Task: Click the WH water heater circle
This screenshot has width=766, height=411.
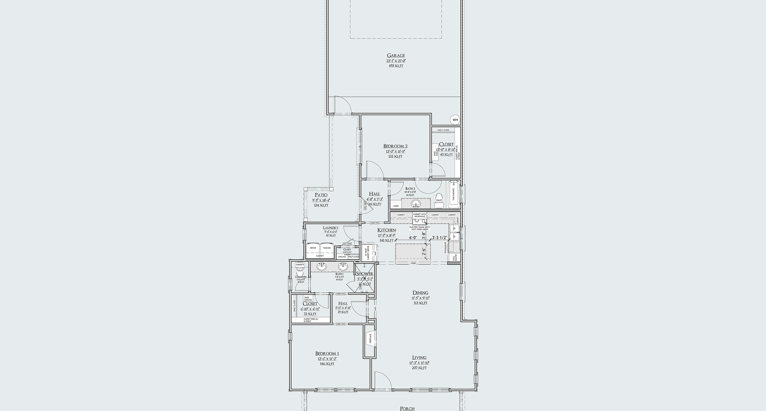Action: pyautogui.click(x=455, y=120)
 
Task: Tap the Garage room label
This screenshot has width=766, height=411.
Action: pyautogui.click(x=396, y=56)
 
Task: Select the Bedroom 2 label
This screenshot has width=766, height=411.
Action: pyautogui.click(x=395, y=146)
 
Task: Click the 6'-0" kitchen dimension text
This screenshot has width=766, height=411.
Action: pyautogui.click(x=413, y=238)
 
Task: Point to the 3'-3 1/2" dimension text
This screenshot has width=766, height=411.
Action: pyautogui.click(x=440, y=238)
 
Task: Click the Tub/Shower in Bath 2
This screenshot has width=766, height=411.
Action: pyautogui.click(x=453, y=194)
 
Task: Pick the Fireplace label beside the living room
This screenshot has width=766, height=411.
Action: pyautogui.click(x=370, y=339)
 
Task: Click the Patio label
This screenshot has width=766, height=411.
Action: pyautogui.click(x=321, y=195)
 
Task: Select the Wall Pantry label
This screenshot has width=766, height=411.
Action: pyautogui.click(x=454, y=257)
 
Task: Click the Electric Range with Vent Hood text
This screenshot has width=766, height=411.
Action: pyautogui.click(x=419, y=228)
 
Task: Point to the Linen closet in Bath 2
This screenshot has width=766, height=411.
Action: pyautogui.click(x=396, y=206)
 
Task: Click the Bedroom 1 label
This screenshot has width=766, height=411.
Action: pyautogui.click(x=327, y=353)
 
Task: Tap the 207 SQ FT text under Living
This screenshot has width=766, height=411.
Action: pyautogui.click(x=419, y=368)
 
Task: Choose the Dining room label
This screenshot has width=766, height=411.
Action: pyautogui.click(x=420, y=293)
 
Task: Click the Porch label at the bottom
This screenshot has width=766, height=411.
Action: pyautogui.click(x=407, y=408)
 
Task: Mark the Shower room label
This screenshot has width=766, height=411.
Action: pyautogui.click(x=364, y=274)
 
